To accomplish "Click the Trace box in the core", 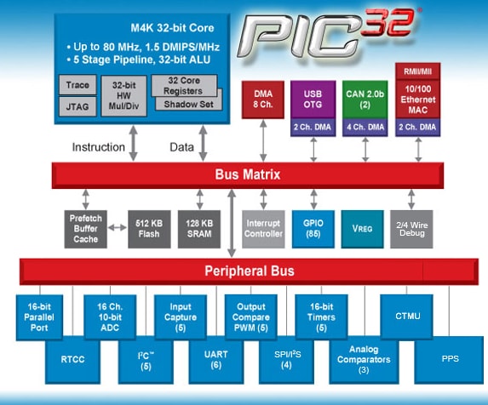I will (x=78, y=85).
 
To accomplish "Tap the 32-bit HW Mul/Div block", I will (x=123, y=96).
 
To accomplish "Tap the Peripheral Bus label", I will (x=249, y=271).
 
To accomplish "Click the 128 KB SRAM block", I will (x=199, y=229).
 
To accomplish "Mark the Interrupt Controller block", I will (x=263, y=229).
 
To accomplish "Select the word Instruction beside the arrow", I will (x=99, y=146).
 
